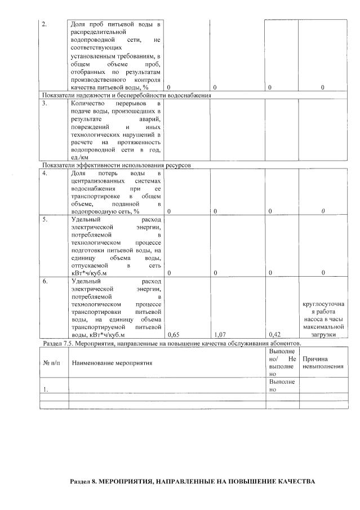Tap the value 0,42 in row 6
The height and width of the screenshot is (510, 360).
click(274, 335)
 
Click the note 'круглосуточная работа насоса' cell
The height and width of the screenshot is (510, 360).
click(323, 319)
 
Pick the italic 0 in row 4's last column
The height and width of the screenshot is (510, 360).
click(323, 211)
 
